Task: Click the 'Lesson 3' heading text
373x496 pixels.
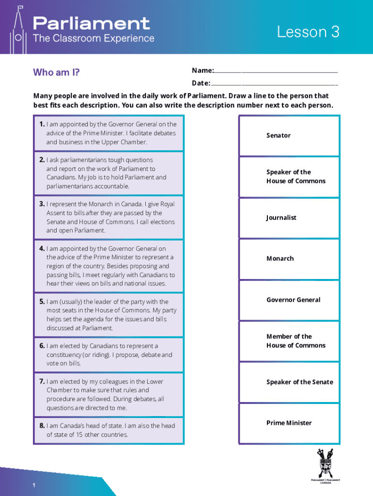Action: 308,32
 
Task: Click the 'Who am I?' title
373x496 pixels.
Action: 56,73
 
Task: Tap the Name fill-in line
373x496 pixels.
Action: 276,71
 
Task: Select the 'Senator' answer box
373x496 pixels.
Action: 289,136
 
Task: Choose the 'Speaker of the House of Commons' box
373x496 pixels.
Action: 289,177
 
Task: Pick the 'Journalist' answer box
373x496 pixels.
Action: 289,218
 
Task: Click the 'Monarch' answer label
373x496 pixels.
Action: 280,259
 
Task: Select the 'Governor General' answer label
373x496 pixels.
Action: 293,300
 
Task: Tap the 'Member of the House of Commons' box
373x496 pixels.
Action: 289,341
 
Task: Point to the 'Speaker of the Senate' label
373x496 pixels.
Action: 299,382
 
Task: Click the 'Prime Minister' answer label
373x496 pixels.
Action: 289,423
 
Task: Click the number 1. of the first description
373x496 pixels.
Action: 43,124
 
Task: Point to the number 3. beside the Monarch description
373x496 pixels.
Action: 43,204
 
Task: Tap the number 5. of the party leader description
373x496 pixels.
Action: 43,302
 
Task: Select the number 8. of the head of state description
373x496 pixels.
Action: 43,426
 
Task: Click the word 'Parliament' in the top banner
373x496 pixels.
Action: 91,23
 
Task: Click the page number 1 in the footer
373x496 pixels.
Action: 34,485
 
